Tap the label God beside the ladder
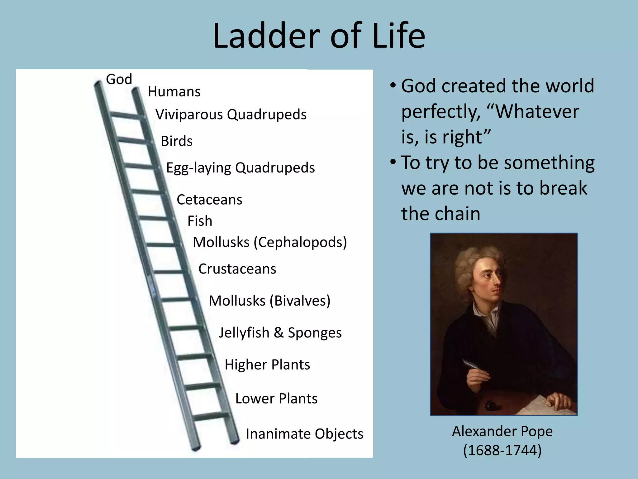click(119, 79)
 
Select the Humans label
click(174, 92)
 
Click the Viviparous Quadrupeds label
click(231, 114)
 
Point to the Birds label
click(177, 141)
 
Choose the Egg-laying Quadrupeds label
click(240, 168)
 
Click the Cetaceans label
click(209, 200)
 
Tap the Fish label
click(200, 221)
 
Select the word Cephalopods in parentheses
click(300, 242)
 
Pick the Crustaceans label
click(237, 269)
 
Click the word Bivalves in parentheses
click(300, 301)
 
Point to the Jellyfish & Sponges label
click(280, 333)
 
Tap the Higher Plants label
click(267, 365)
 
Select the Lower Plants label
click(276, 399)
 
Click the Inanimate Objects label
click(304, 434)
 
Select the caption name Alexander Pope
click(502, 432)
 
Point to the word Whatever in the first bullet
click(537, 112)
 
